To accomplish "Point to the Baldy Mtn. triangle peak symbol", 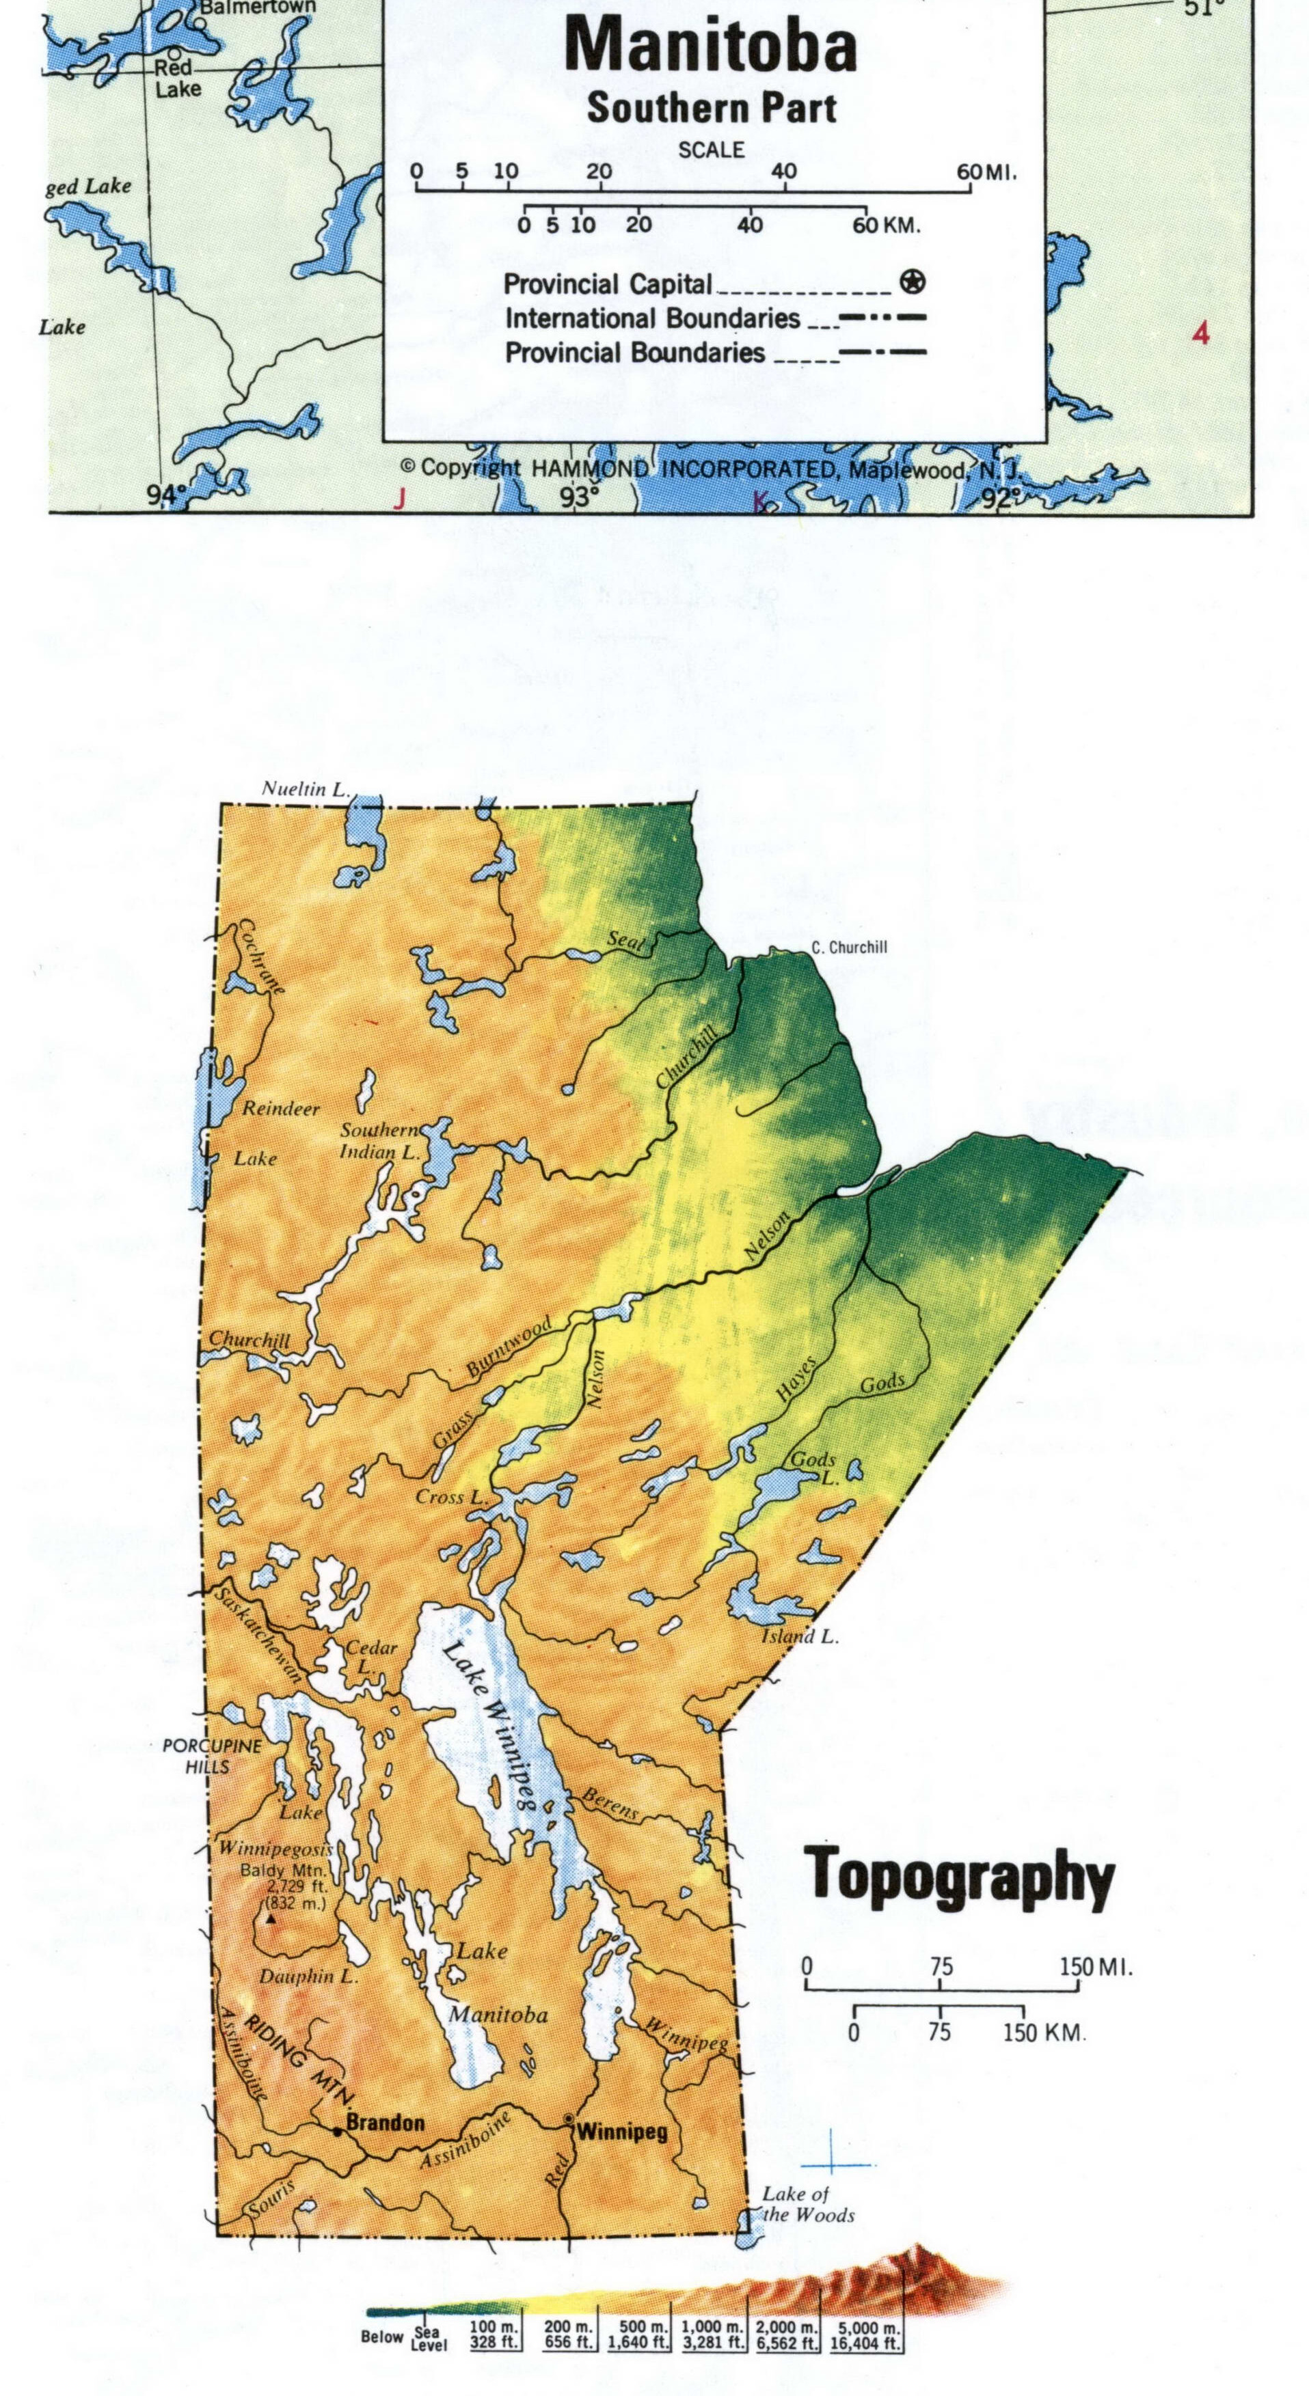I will [x=271, y=1918].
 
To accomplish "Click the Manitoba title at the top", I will [x=711, y=46].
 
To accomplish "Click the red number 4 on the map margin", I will [x=1201, y=333].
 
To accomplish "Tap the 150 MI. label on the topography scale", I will [x=1096, y=1967].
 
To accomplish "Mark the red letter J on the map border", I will [x=400, y=499].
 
